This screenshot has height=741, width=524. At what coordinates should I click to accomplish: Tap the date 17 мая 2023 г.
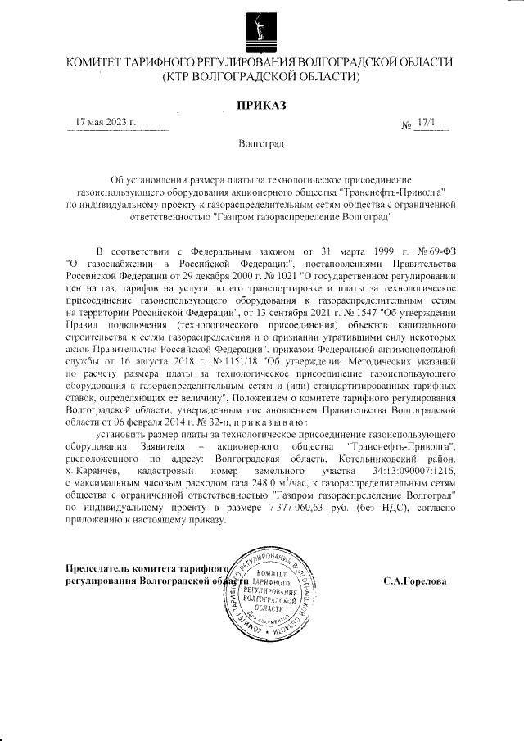pos(106,123)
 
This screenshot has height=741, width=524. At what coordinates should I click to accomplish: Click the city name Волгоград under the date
pos(261,144)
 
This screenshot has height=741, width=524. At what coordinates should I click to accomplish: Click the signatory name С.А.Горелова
pos(415,581)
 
